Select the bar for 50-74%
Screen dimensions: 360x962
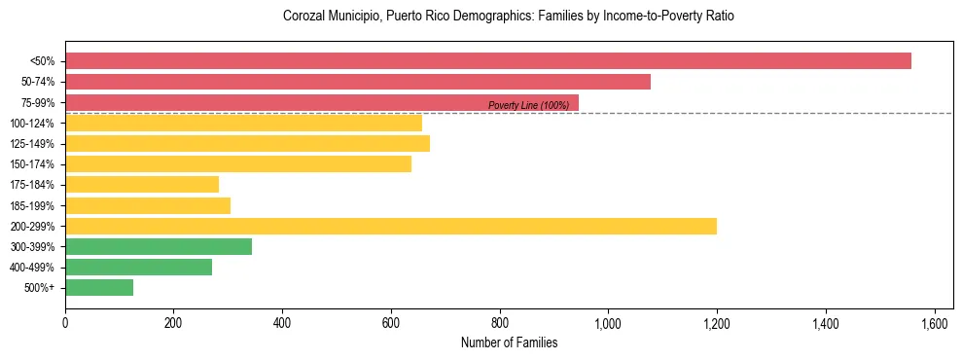(358, 82)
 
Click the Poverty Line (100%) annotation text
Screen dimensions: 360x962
(528, 105)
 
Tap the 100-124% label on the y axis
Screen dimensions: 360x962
(32, 124)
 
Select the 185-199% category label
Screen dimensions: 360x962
(32, 205)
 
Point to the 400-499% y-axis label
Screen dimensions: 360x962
(32, 268)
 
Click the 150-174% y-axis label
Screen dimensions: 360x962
(32, 164)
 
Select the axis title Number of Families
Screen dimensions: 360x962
(509, 342)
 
